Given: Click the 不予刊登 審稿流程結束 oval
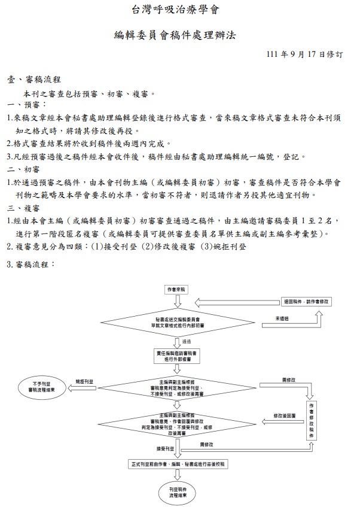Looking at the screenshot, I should (x=42, y=385).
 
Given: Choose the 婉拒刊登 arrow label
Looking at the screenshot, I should (x=84, y=381).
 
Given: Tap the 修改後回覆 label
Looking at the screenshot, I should (x=284, y=414).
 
